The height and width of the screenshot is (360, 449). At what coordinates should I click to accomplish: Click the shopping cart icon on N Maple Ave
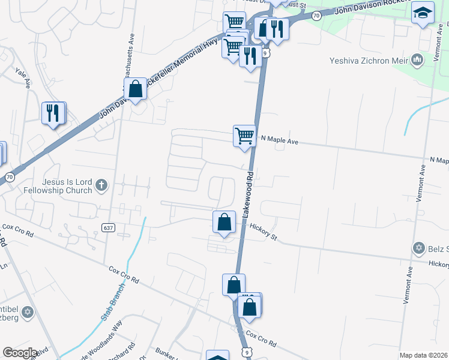pyautogui.click(x=244, y=136)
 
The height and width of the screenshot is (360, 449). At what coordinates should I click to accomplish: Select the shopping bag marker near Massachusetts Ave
pyautogui.click(x=136, y=89)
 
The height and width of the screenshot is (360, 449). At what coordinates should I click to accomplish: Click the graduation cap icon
pyautogui.click(x=423, y=11)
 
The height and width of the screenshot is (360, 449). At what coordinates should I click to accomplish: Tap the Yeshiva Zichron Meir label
pyautogui.click(x=369, y=60)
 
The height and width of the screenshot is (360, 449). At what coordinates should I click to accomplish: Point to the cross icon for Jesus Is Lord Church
pyautogui.click(x=101, y=185)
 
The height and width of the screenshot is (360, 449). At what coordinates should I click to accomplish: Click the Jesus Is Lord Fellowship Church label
pyautogui.click(x=59, y=185)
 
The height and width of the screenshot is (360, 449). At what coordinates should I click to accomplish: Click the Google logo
pyautogui.click(x=20, y=353)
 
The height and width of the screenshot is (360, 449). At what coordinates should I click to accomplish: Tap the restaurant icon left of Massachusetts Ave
pyautogui.click(x=53, y=113)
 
